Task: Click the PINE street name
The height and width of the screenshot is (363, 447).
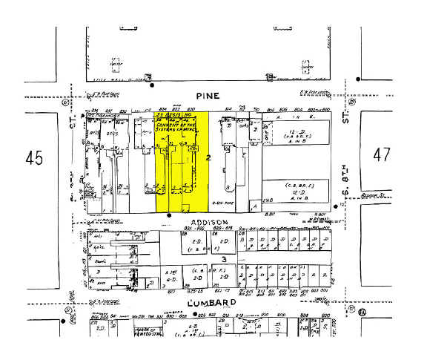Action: (205, 96)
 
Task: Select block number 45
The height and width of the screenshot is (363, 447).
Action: (33, 157)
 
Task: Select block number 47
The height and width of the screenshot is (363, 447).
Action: (382, 155)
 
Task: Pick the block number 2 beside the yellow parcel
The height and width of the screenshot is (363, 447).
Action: (209, 158)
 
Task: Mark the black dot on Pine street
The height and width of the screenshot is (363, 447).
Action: (151, 85)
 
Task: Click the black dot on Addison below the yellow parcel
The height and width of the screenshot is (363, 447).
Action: (170, 216)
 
